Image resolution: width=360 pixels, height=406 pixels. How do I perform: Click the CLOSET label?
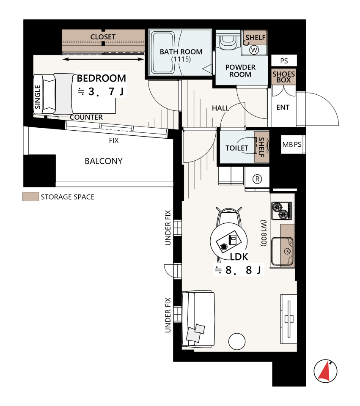pyautogui.click(x=103, y=37)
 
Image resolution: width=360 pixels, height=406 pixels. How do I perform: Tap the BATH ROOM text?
pyautogui.click(x=181, y=52)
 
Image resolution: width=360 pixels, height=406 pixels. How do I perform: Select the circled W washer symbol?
pyautogui.click(x=254, y=50)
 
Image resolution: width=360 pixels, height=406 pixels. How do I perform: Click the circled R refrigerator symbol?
pyautogui.click(x=257, y=179)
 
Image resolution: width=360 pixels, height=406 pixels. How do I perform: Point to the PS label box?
pyautogui.click(x=284, y=60)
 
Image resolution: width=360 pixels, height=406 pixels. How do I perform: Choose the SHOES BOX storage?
pyautogui.click(x=283, y=77)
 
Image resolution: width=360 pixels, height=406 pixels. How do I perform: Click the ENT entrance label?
pyautogui.click(x=283, y=107)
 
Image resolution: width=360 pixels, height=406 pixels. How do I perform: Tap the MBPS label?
pyautogui.click(x=292, y=145)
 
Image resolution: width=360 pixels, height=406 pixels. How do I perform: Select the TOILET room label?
pyautogui.click(x=237, y=148)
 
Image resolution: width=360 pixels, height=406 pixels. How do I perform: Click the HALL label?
pyautogui.click(x=220, y=108)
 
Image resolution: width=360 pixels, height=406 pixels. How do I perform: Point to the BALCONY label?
pyautogui.click(x=104, y=161)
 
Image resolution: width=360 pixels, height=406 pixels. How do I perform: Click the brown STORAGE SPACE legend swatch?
pyautogui.click(x=30, y=197)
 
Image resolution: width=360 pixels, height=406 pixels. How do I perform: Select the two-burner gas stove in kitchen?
pyautogui.click(x=282, y=211)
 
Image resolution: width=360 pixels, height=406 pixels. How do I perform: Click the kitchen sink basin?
pyautogui.click(x=282, y=251)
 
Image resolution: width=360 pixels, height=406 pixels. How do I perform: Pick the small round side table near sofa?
pyautogui.click(x=237, y=342)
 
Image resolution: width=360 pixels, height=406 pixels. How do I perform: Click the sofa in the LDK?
pyautogui.click(x=198, y=319)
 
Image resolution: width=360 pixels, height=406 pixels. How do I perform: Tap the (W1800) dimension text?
pyautogui.click(x=264, y=233)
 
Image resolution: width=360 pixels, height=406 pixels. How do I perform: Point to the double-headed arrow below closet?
pyautogui.click(x=103, y=59)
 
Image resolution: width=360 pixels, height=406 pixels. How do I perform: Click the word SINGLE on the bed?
pyautogui.click(x=38, y=97)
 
